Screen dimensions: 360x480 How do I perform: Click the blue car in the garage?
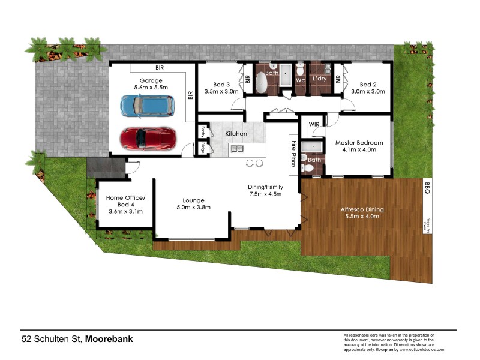147,107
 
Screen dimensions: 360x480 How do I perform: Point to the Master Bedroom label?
359,142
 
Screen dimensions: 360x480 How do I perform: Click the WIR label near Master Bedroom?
314,124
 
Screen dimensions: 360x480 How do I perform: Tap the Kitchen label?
236,133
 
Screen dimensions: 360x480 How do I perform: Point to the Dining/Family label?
265,187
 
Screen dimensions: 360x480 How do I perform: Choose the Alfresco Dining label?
362,209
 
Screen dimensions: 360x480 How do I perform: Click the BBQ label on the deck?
427,187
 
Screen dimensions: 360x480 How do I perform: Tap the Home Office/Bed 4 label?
125,201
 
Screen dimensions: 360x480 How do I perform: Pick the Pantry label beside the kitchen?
203,130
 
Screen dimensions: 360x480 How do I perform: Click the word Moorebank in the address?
109,339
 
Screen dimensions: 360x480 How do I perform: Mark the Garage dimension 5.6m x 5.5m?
151,88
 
